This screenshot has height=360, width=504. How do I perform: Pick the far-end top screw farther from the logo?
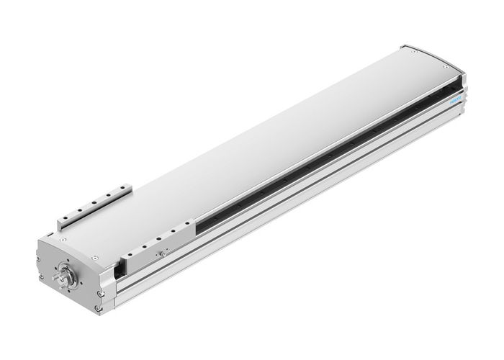pyautogui.click(x=412, y=51)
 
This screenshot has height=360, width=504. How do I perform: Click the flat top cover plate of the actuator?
pyautogui.click(x=252, y=144)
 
